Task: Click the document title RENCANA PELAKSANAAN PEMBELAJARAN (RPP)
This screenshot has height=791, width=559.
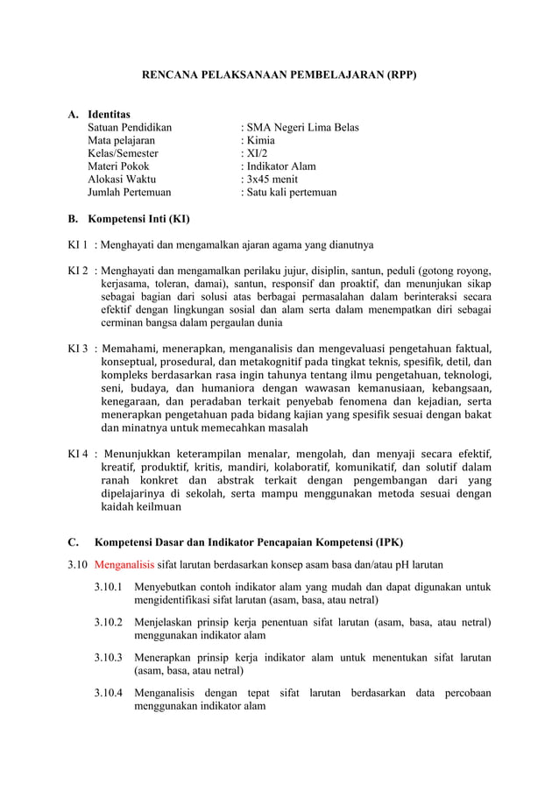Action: (x=279, y=76)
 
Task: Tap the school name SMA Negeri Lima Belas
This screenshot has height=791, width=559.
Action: (x=301, y=128)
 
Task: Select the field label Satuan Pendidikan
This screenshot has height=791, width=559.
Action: (x=130, y=128)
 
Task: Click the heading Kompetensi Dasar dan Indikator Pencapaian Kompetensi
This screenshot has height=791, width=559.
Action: (x=248, y=540)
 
